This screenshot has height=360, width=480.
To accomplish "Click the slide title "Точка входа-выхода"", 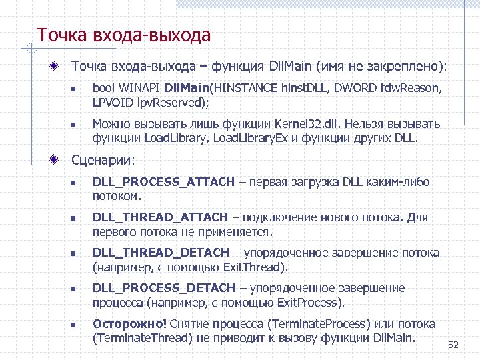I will tap(123, 35).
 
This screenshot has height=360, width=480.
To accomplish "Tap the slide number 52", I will tap(453, 344).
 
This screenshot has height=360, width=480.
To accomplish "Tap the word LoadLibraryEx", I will tap(258, 138).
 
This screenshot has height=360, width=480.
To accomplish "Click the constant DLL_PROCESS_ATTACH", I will tap(163, 182).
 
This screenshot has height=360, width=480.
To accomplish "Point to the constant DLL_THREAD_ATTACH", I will tap(160, 217).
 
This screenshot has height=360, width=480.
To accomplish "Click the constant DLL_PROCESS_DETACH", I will tap(163, 288).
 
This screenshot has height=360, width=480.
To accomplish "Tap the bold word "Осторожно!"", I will tap(129, 324).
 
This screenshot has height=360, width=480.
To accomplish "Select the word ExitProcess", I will tap(311, 303).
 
